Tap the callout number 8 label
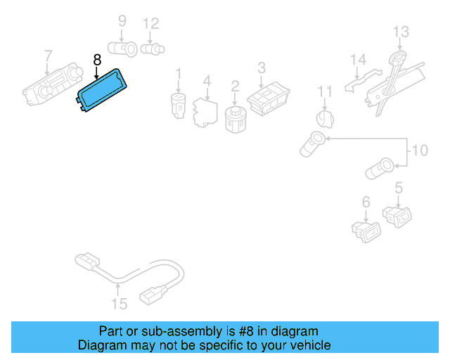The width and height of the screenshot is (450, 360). tap(97, 60)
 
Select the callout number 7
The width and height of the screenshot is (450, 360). tap(48, 55)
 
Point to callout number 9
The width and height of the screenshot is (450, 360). tap(122, 21)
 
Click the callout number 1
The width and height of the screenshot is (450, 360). tap(178, 73)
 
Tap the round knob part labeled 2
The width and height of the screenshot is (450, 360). tap(235, 118)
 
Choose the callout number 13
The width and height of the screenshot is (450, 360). tap(400, 31)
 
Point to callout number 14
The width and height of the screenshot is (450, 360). tap(359, 59)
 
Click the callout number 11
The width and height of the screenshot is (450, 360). tap(324, 91)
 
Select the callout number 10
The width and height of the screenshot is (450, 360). tap(419, 150)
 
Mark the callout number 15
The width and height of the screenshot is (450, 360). tap(120, 304)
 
